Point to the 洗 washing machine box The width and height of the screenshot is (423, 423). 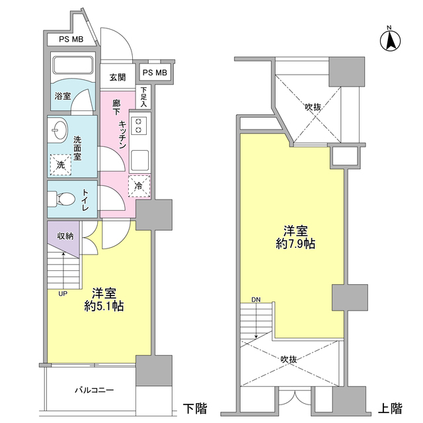click(x=61, y=163)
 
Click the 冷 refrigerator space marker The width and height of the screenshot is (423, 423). click(x=139, y=186)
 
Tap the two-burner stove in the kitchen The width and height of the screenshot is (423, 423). click(x=139, y=124)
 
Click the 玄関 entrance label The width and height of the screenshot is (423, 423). click(x=118, y=77)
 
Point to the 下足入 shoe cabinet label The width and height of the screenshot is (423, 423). click(x=144, y=96)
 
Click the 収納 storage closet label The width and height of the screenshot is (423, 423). click(x=65, y=236)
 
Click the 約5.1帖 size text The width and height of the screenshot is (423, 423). click(x=104, y=306)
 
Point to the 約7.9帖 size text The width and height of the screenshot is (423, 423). click(x=295, y=243)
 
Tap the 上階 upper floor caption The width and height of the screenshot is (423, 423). click(x=392, y=407)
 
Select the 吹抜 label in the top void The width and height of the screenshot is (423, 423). click(x=313, y=106)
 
